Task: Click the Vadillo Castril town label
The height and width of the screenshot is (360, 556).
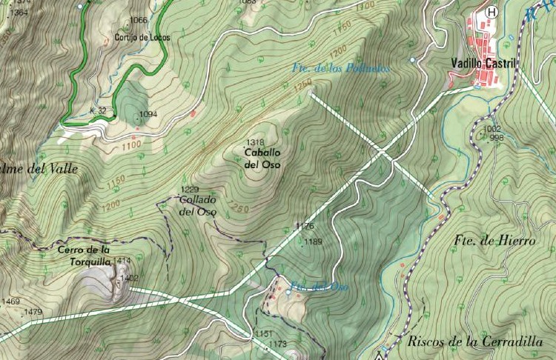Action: [483, 64]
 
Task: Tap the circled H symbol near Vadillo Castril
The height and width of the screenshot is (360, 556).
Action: [491, 12]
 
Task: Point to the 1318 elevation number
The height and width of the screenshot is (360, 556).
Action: [255, 142]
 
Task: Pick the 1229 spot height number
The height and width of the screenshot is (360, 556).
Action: [190, 190]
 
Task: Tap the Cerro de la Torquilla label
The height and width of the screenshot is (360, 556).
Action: [85, 256]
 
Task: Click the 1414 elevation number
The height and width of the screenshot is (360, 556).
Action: [122, 261]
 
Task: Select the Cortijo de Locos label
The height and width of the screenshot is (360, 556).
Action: [142, 37]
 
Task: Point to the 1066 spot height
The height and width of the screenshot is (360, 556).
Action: [138, 21]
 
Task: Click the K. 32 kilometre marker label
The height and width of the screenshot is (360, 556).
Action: [98, 110]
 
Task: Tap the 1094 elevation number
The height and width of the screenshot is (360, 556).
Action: [148, 114]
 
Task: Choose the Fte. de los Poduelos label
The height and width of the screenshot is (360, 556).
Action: [340, 68]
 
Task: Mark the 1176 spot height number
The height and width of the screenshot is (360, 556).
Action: [305, 226]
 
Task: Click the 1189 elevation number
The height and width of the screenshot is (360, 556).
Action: [314, 241]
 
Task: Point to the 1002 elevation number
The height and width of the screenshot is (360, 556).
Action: [492, 129]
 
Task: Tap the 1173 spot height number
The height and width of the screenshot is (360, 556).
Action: [277, 344]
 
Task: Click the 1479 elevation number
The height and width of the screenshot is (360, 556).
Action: [33, 313]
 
